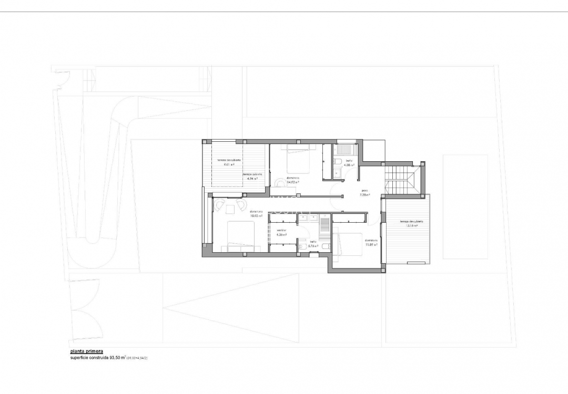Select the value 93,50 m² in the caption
116,358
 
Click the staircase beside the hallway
403,179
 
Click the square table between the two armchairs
230,209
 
